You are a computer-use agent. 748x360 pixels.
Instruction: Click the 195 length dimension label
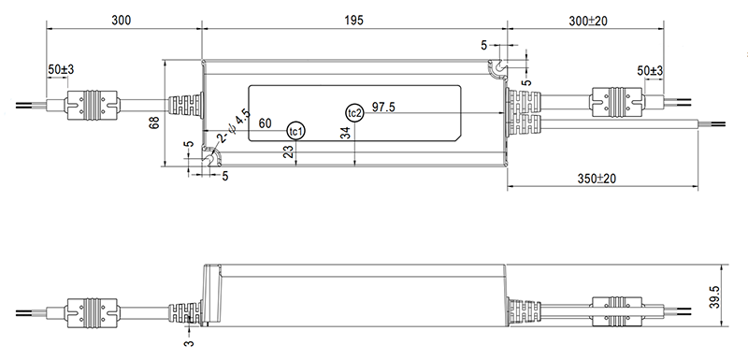pyautogui.click(x=354, y=20)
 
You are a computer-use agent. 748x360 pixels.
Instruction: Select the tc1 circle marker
pyautogui.click(x=295, y=131)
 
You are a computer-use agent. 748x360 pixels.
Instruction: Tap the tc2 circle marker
pyautogui.click(x=354, y=113)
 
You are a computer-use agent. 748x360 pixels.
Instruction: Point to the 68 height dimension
pyautogui.click(x=154, y=122)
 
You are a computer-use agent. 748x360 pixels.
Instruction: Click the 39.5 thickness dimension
pyautogui.click(x=714, y=297)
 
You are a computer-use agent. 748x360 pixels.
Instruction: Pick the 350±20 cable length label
pyautogui.click(x=597, y=179)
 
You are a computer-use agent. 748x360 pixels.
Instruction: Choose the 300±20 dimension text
pyautogui.click(x=588, y=21)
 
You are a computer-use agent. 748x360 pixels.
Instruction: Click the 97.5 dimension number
pyautogui.click(x=383, y=107)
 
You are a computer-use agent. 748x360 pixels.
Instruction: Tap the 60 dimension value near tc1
pyautogui.click(x=265, y=124)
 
